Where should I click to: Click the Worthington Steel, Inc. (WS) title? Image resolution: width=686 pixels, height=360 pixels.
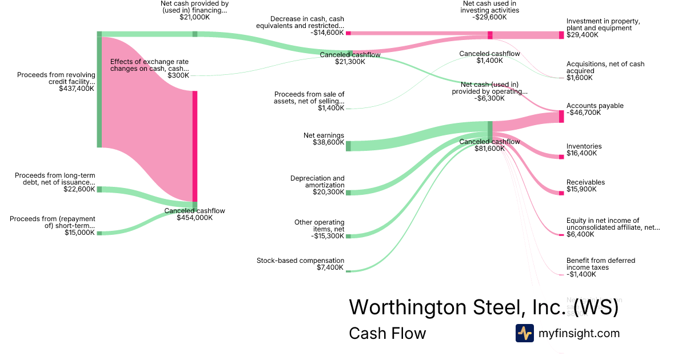pos(484,307)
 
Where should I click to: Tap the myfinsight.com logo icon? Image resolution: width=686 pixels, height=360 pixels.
pos(524,333)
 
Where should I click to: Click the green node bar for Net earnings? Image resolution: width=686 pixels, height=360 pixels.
pos(348,146)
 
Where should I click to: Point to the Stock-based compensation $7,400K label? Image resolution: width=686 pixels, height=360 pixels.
pos(301,264)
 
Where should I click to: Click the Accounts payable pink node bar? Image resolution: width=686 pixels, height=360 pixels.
pos(561,117)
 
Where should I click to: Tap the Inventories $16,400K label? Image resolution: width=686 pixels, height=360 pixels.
pos(584,150)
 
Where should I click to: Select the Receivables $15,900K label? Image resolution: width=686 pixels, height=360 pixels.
pos(585,186)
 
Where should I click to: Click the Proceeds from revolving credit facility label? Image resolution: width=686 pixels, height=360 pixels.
pos(56,82)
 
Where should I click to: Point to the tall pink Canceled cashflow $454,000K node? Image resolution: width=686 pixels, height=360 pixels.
pos(195,146)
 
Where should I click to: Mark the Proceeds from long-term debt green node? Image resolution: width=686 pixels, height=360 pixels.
pos(99,189)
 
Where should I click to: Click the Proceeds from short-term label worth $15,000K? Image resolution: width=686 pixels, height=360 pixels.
pos(53,225)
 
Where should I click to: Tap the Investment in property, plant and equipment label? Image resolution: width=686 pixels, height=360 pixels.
pos(603,28)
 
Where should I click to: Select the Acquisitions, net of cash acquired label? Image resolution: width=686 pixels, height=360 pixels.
pos(605,71)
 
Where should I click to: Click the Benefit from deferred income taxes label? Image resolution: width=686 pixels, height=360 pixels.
pos(600,267)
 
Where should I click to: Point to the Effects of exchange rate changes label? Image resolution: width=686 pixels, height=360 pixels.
pos(149,68)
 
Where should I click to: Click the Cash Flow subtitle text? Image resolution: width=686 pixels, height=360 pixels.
pos(387,333)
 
